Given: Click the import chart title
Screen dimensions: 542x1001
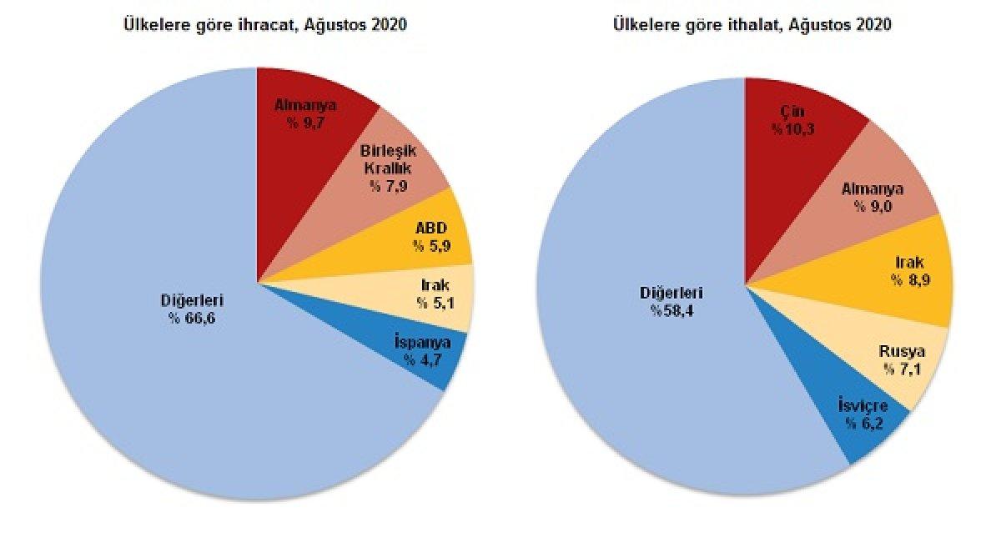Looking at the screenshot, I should click(752, 25).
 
